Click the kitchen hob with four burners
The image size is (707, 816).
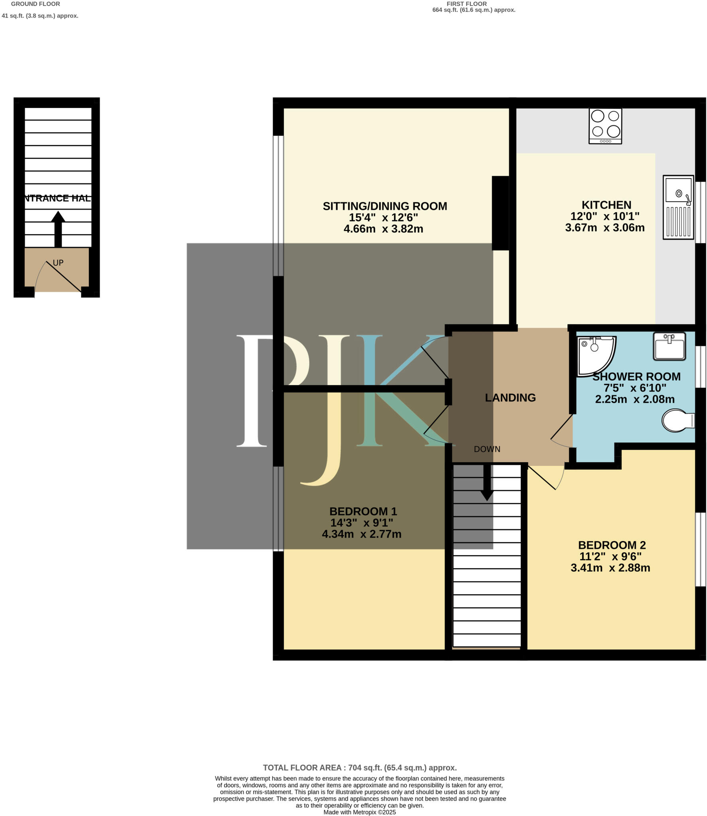605,126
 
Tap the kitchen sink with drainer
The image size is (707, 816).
678,207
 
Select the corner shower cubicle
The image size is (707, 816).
594,355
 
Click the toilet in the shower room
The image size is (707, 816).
677,420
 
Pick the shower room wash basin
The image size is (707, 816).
669,346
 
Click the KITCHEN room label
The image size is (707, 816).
606,205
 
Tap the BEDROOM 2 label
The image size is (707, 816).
612,545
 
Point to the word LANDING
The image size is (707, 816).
510,398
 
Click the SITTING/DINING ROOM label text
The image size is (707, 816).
384,206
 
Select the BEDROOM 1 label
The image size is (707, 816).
363,511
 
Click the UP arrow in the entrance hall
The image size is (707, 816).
58,229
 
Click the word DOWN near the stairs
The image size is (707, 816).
487,449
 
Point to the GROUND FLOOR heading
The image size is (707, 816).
35,4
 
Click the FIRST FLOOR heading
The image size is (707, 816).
466,4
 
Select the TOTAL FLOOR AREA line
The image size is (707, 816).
360,767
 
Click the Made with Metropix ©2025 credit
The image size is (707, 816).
360,812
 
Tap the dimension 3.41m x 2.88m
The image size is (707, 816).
610,568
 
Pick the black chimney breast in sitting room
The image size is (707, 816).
500,213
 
